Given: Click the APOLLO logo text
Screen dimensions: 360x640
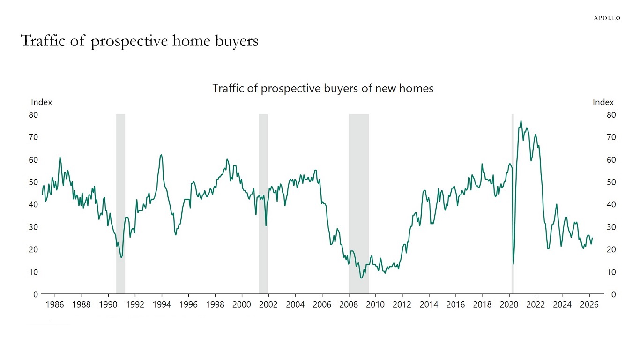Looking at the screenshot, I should pyautogui.click(x=607, y=18).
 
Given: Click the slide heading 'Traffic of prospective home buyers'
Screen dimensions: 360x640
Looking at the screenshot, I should pyautogui.click(x=140, y=41).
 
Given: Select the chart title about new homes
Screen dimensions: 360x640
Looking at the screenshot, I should pyautogui.click(x=323, y=88).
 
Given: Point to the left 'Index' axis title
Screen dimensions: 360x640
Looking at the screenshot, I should pyautogui.click(x=41, y=102).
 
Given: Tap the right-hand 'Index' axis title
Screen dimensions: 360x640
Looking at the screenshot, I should pyautogui.click(x=603, y=102).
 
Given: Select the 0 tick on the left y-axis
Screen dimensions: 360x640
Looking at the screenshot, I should pyautogui.click(x=35, y=294).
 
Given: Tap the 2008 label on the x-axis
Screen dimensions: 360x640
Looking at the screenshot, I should pyautogui.click(x=349, y=305).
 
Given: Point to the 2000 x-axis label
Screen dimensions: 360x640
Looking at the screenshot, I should pyautogui.click(x=242, y=305).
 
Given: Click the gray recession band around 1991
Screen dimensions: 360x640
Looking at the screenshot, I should pyautogui.click(x=120, y=204).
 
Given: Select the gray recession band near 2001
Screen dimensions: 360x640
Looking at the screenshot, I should pyautogui.click(x=263, y=204).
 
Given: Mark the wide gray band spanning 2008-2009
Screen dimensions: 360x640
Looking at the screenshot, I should pyautogui.click(x=359, y=204).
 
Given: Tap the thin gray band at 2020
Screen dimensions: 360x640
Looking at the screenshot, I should pyautogui.click(x=513, y=204).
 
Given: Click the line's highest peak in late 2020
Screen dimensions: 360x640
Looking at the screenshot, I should pyautogui.click(x=521, y=121).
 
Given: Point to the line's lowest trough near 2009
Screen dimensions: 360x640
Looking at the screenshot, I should pyautogui.click(x=361, y=278).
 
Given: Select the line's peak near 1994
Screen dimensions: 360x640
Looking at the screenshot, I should pyautogui.click(x=161, y=155).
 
